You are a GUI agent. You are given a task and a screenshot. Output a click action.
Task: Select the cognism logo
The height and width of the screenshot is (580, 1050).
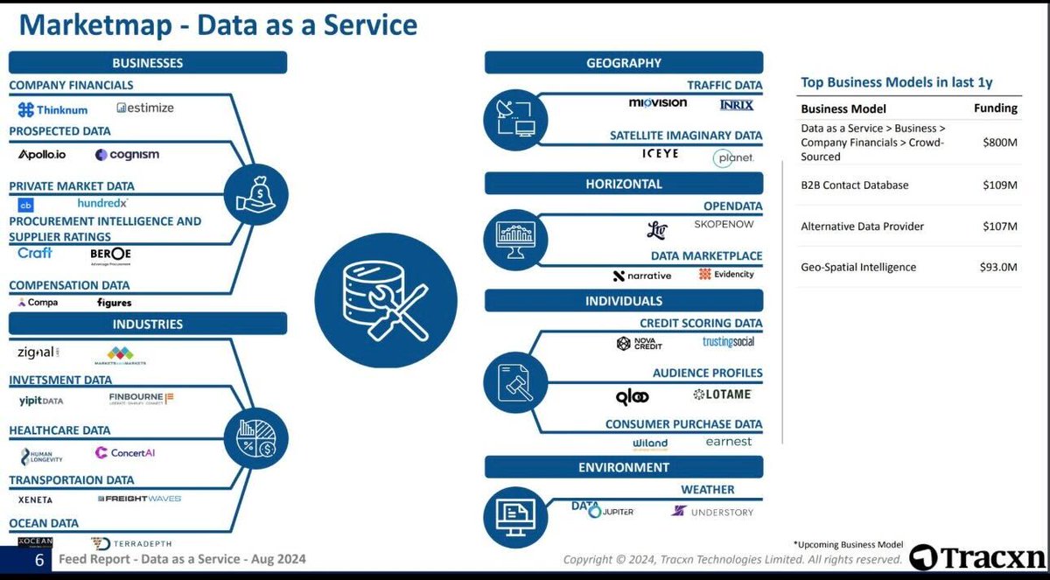pyautogui.click(x=128, y=155)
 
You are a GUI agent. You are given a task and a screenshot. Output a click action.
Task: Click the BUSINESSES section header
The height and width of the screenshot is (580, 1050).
pyautogui.click(x=148, y=63)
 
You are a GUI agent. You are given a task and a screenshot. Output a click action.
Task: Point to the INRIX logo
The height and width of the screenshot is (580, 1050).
pyautogui.click(x=736, y=105)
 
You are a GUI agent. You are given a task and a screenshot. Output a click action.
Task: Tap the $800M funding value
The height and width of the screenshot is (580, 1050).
pyautogui.click(x=1000, y=142)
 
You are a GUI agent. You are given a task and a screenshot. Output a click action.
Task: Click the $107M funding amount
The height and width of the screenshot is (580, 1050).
pyautogui.click(x=1000, y=227)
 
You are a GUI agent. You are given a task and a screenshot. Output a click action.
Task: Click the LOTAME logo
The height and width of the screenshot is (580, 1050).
pyautogui.click(x=722, y=395)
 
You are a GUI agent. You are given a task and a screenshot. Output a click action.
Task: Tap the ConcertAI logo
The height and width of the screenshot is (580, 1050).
pyautogui.click(x=127, y=453)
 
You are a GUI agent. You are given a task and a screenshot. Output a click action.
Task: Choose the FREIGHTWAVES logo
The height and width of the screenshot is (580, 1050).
pyautogui.click(x=141, y=499)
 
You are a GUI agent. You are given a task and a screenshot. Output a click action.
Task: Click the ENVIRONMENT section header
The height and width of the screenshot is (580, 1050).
pyautogui.click(x=624, y=467)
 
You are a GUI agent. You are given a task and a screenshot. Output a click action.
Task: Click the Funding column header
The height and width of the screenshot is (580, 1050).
pyautogui.click(x=996, y=108)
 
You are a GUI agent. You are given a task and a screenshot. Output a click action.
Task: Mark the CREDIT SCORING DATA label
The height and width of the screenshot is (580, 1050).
pyautogui.click(x=701, y=323)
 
